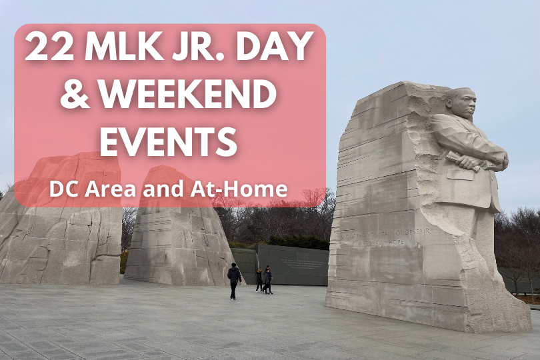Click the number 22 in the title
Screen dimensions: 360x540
point(49,49)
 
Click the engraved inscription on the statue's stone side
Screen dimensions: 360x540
point(373,237)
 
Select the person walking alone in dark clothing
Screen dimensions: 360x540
point(234,280)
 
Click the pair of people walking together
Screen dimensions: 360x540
point(264,279)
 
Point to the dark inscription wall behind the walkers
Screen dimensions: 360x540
point(293,263)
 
